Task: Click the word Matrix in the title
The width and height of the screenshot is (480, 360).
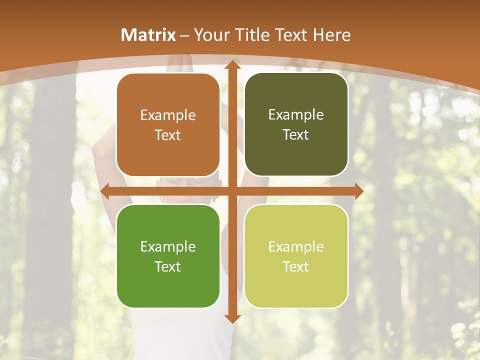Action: (x=148, y=35)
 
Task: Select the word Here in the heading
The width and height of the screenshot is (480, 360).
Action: (x=332, y=35)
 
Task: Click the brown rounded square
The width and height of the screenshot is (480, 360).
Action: (x=168, y=125)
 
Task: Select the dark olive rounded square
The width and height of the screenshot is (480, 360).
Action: (x=296, y=124)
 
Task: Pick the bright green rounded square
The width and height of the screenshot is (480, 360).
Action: (x=168, y=256)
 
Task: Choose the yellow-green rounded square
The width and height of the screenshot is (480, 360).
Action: (x=296, y=256)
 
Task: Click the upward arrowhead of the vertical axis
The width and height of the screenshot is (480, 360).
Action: (x=232, y=65)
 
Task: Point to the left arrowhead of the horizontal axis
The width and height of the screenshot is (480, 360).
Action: (x=104, y=191)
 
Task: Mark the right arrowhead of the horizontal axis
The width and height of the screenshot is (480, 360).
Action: (x=359, y=191)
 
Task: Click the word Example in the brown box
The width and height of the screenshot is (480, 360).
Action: (x=168, y=115)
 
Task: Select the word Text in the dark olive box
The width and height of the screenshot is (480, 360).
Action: (x=296, y=135)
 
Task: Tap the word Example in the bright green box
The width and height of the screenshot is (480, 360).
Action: (x=168, y=247)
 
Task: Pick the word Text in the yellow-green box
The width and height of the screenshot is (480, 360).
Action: (x=296, y=267)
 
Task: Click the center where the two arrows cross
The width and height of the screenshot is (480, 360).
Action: (x=232, y=191)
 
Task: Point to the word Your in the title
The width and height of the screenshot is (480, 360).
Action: (x=210, y=35)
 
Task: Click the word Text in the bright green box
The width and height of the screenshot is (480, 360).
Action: (x=168, y=267)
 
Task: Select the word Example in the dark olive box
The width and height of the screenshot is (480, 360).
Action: (x=296, y=115)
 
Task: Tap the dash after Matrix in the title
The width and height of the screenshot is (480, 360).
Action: (x=184, y=35)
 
